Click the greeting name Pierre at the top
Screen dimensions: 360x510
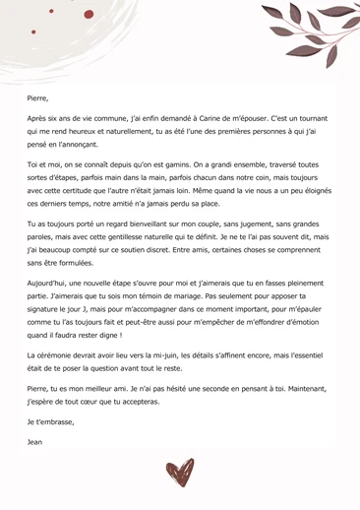[37, 98]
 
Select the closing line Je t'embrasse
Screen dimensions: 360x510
[50, 421]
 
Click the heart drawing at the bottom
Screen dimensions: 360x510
[180, 473]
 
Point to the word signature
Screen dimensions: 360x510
[48, 307]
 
